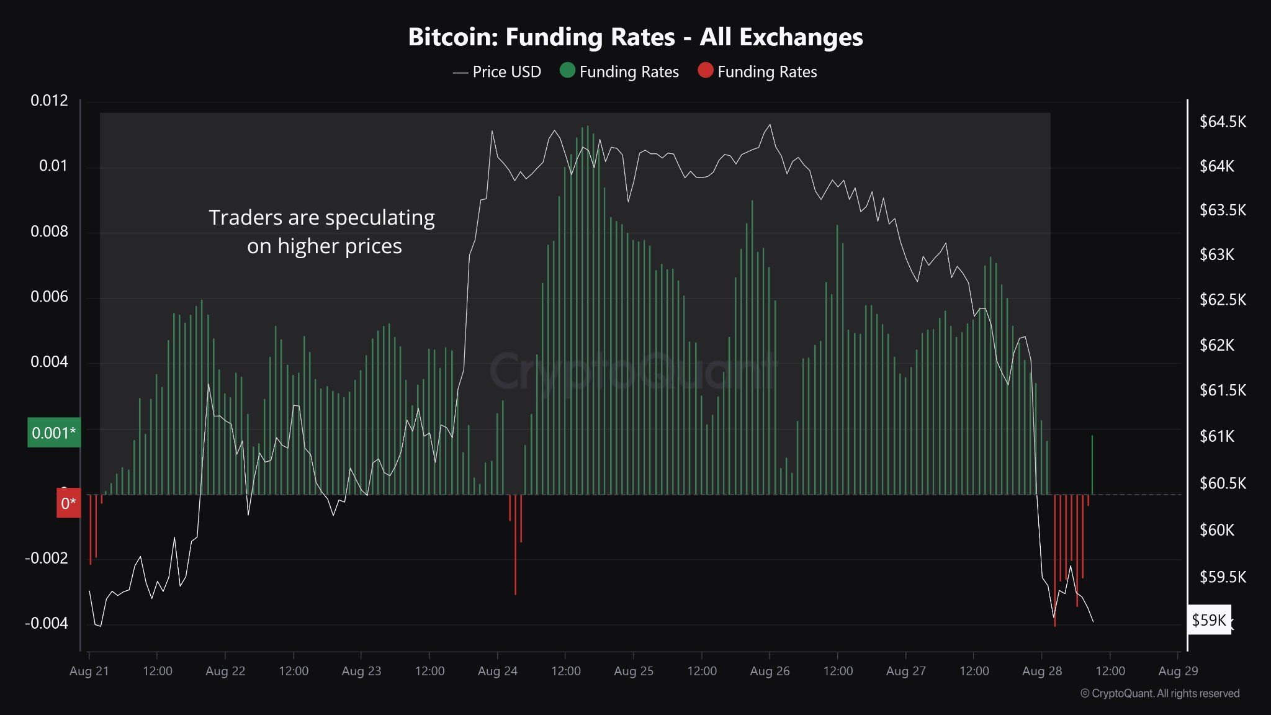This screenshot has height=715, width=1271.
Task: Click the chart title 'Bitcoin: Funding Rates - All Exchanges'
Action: click(x=635, y=37)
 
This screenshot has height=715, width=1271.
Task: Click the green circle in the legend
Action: click(x=567, y=70)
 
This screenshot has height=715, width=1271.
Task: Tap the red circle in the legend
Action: click(x=705, y=70)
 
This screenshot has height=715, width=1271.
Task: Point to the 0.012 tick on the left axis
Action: click(x=49, y=101)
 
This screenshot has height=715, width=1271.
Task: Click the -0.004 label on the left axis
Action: click(x=46, y=623)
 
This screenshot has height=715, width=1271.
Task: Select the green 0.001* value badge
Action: click(x=54, y=433)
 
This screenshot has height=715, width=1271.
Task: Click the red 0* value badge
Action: click(x=68, y=503)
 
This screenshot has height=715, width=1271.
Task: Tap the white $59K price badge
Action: click(x=1208, y=620)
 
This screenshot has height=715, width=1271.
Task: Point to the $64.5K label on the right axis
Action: click(x=1222, y=122)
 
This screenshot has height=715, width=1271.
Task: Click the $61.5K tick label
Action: click(x=1222, y=390)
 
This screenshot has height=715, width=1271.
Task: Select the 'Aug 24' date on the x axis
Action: click(x=497, y=671)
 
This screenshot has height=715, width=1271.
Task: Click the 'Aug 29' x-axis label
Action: click(x=1177, y=671)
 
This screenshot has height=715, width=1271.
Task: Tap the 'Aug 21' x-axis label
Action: click(x=89, y=671)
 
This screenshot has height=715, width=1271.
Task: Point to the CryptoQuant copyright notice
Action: click(x=1159, y=694)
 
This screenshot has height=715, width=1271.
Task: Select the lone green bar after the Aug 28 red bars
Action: click(x=1092, y=465)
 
